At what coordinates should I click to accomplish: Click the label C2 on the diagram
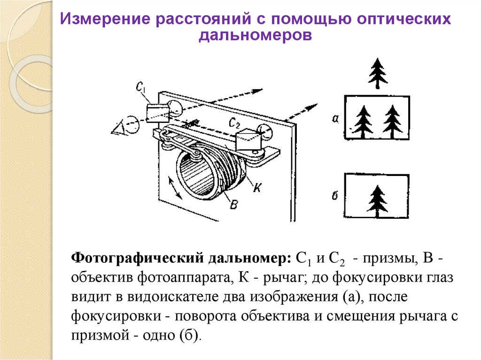click(234, 123)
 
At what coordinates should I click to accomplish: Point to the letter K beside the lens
click(257, 187)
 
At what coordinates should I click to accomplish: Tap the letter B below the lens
click(234, 204)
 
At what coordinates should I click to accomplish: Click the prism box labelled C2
click(248, 139)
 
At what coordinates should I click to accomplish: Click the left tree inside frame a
click(363, 122)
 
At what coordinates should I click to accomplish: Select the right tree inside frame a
click(392, 122)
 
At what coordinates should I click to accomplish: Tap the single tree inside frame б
click(378, 201)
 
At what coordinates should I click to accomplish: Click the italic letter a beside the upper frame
click(335, 118)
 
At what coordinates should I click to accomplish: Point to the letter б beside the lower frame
click(335, 195)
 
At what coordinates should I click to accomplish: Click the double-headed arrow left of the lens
click(176, 188)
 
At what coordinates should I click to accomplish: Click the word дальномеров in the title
click(255, 35)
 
